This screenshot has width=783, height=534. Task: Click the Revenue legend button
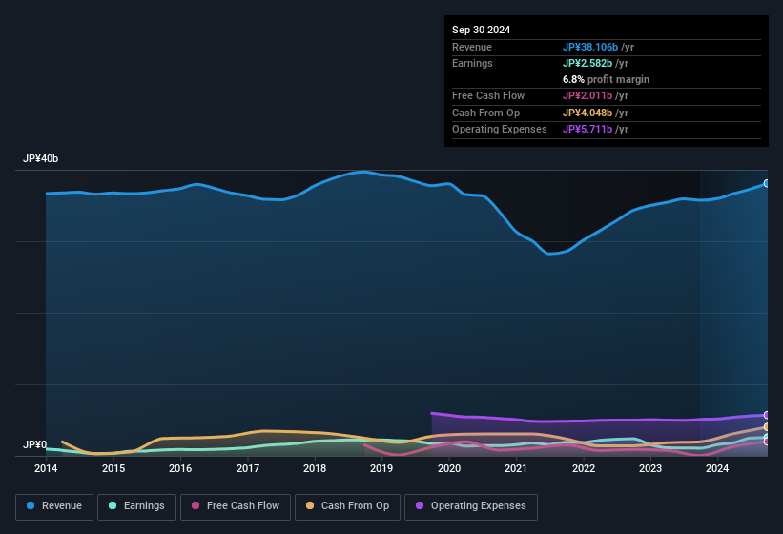tap(54, 506)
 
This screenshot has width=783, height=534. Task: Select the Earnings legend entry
tap(134, 506)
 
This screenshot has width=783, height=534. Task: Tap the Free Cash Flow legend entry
tap(236, 506)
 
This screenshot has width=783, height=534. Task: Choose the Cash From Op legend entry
tap(348, 506)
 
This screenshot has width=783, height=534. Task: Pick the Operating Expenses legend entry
tap(471, 506)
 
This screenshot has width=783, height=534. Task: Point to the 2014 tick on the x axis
tap(46, 468)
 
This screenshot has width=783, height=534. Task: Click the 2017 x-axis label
tap(248, 468)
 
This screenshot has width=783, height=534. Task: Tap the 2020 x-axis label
tap(449, 468)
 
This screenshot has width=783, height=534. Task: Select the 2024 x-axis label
tap(717, 468)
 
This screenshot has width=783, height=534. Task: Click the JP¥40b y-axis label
tap(48, 159)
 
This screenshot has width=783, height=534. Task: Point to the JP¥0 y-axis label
tap(34, 444)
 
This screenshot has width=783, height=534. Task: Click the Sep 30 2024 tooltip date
tap(481, 30)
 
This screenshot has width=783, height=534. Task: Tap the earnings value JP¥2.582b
tap(590, 63)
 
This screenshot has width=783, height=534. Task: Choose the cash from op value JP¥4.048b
tap(590, 113)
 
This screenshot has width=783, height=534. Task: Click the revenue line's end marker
tap(767, 183)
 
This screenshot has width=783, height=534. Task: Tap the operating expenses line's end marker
tap(767, 415)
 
